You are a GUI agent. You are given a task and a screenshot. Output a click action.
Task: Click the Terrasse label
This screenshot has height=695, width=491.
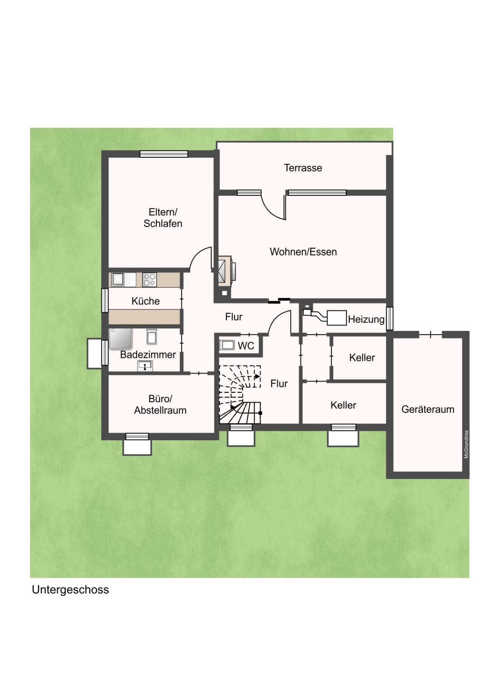(x=303, y=168)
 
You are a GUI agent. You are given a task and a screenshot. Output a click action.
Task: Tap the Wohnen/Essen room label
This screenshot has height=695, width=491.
(x=303, y=251)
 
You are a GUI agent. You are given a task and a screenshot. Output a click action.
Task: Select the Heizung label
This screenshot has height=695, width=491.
(x=366, y=319)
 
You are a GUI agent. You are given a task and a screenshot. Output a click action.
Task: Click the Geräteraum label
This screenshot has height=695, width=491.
(x=428, y=409)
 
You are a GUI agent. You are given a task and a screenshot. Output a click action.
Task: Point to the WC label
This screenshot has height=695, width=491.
(x=246, y=346)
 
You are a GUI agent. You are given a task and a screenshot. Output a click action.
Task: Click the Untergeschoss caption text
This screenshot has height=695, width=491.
(x=70, y=590)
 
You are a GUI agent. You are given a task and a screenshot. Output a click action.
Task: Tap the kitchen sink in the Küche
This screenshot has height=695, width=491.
(x=118, y=279)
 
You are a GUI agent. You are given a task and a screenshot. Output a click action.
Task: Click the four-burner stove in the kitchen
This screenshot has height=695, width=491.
(x=149, y=280)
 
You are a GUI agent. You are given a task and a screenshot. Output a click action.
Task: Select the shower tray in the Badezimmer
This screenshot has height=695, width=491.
(x=121, y=339)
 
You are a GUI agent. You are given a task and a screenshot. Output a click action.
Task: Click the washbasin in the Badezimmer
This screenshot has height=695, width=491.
(x=145, y=366)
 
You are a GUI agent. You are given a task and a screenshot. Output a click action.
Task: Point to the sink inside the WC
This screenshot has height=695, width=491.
(x=227, y=345)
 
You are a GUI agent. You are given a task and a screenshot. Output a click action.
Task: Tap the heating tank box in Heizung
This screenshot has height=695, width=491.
(x=337, y=318)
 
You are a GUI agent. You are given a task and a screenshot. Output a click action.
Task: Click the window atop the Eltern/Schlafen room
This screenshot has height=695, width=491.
(x=164, y=154)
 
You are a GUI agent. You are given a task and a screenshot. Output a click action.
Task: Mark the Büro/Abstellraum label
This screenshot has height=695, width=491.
(x=160, y=404)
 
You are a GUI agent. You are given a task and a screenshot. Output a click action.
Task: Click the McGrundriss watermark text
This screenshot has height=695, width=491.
(x=466, y=444)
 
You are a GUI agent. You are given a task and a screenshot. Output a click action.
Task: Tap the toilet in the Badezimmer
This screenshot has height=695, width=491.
(x=151, y=336)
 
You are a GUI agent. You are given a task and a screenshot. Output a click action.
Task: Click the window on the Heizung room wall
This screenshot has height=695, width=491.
(x=390, y=318)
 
